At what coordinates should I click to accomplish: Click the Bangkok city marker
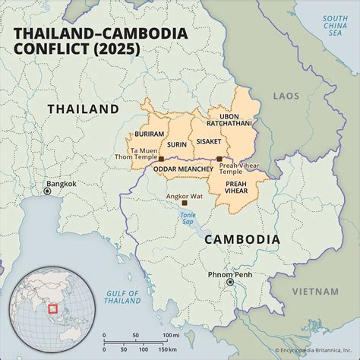coord(47,191)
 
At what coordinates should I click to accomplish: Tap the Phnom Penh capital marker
coord(230,282)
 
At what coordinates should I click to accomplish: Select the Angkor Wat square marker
coord(184,203)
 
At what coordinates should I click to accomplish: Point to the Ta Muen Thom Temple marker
coord(161,159)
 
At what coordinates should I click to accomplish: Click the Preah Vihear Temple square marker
coord(219,159)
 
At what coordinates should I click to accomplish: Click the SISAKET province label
coord(208,141)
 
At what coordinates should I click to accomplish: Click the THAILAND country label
coord(83,109)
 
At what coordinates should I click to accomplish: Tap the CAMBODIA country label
coord(242,239)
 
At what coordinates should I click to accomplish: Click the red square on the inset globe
coord(51,308)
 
